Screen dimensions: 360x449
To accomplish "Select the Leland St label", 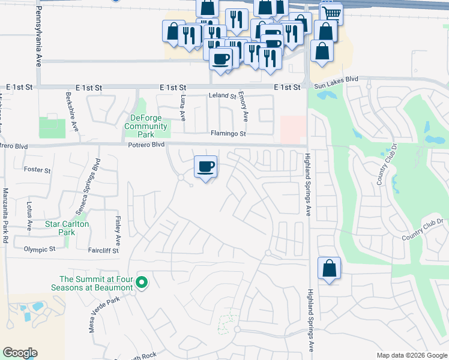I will pos(222,95).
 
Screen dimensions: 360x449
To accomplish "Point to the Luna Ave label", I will pos(181,107).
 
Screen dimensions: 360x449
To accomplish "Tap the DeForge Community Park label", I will pos(146,126).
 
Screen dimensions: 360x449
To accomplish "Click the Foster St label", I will pos(37,170).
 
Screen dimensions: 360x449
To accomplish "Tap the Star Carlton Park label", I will pos(67,228).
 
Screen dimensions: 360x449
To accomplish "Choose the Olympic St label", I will pos(39,248).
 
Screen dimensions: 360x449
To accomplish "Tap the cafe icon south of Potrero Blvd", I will pos(206,167).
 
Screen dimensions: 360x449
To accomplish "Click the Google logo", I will pos(20,353).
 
